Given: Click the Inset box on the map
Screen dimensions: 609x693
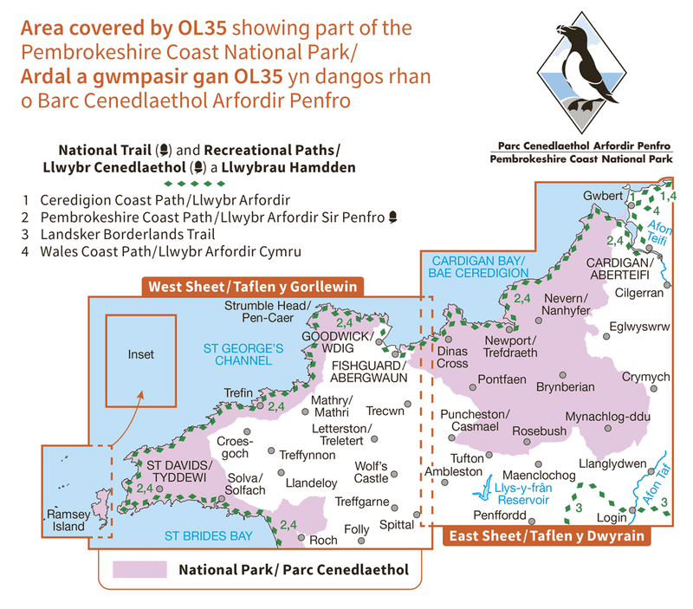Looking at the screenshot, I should click(139, 360).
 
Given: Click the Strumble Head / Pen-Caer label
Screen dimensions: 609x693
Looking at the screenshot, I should click(267, 312).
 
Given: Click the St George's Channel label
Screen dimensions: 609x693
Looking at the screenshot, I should click(243, 354).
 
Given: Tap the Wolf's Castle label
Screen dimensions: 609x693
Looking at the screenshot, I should click(372, 472).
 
